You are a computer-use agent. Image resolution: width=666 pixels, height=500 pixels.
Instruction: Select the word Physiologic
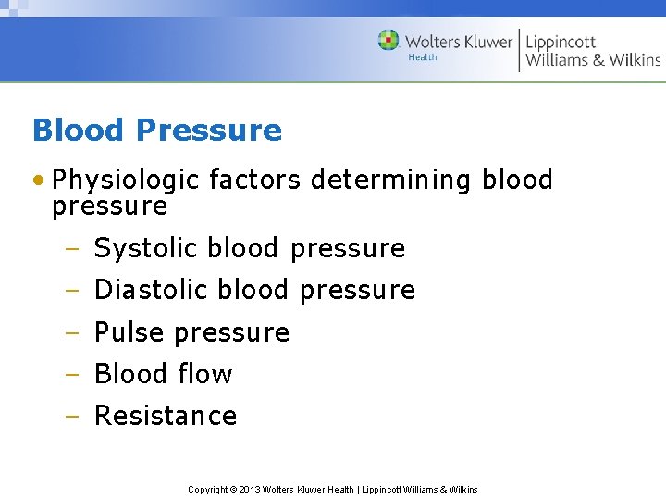[x=127, y=180]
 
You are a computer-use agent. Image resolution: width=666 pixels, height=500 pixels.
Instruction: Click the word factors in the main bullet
[x=255, y=180]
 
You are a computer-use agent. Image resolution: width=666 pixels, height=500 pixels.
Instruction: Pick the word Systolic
[x=146, y=248]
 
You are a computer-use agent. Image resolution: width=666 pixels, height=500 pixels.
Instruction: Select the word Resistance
[x=166, y=416]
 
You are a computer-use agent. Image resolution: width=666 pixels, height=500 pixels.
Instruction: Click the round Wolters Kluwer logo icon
[x=388, y=41]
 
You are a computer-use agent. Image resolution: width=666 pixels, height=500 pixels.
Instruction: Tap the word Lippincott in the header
[x=561, y=42]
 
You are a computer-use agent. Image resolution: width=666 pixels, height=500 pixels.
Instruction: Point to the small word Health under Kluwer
[x=422, y=57]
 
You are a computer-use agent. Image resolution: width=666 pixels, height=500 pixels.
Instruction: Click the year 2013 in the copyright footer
[x=250, y=489]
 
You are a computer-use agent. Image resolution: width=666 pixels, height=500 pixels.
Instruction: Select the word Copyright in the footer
[x=209, y=489]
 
